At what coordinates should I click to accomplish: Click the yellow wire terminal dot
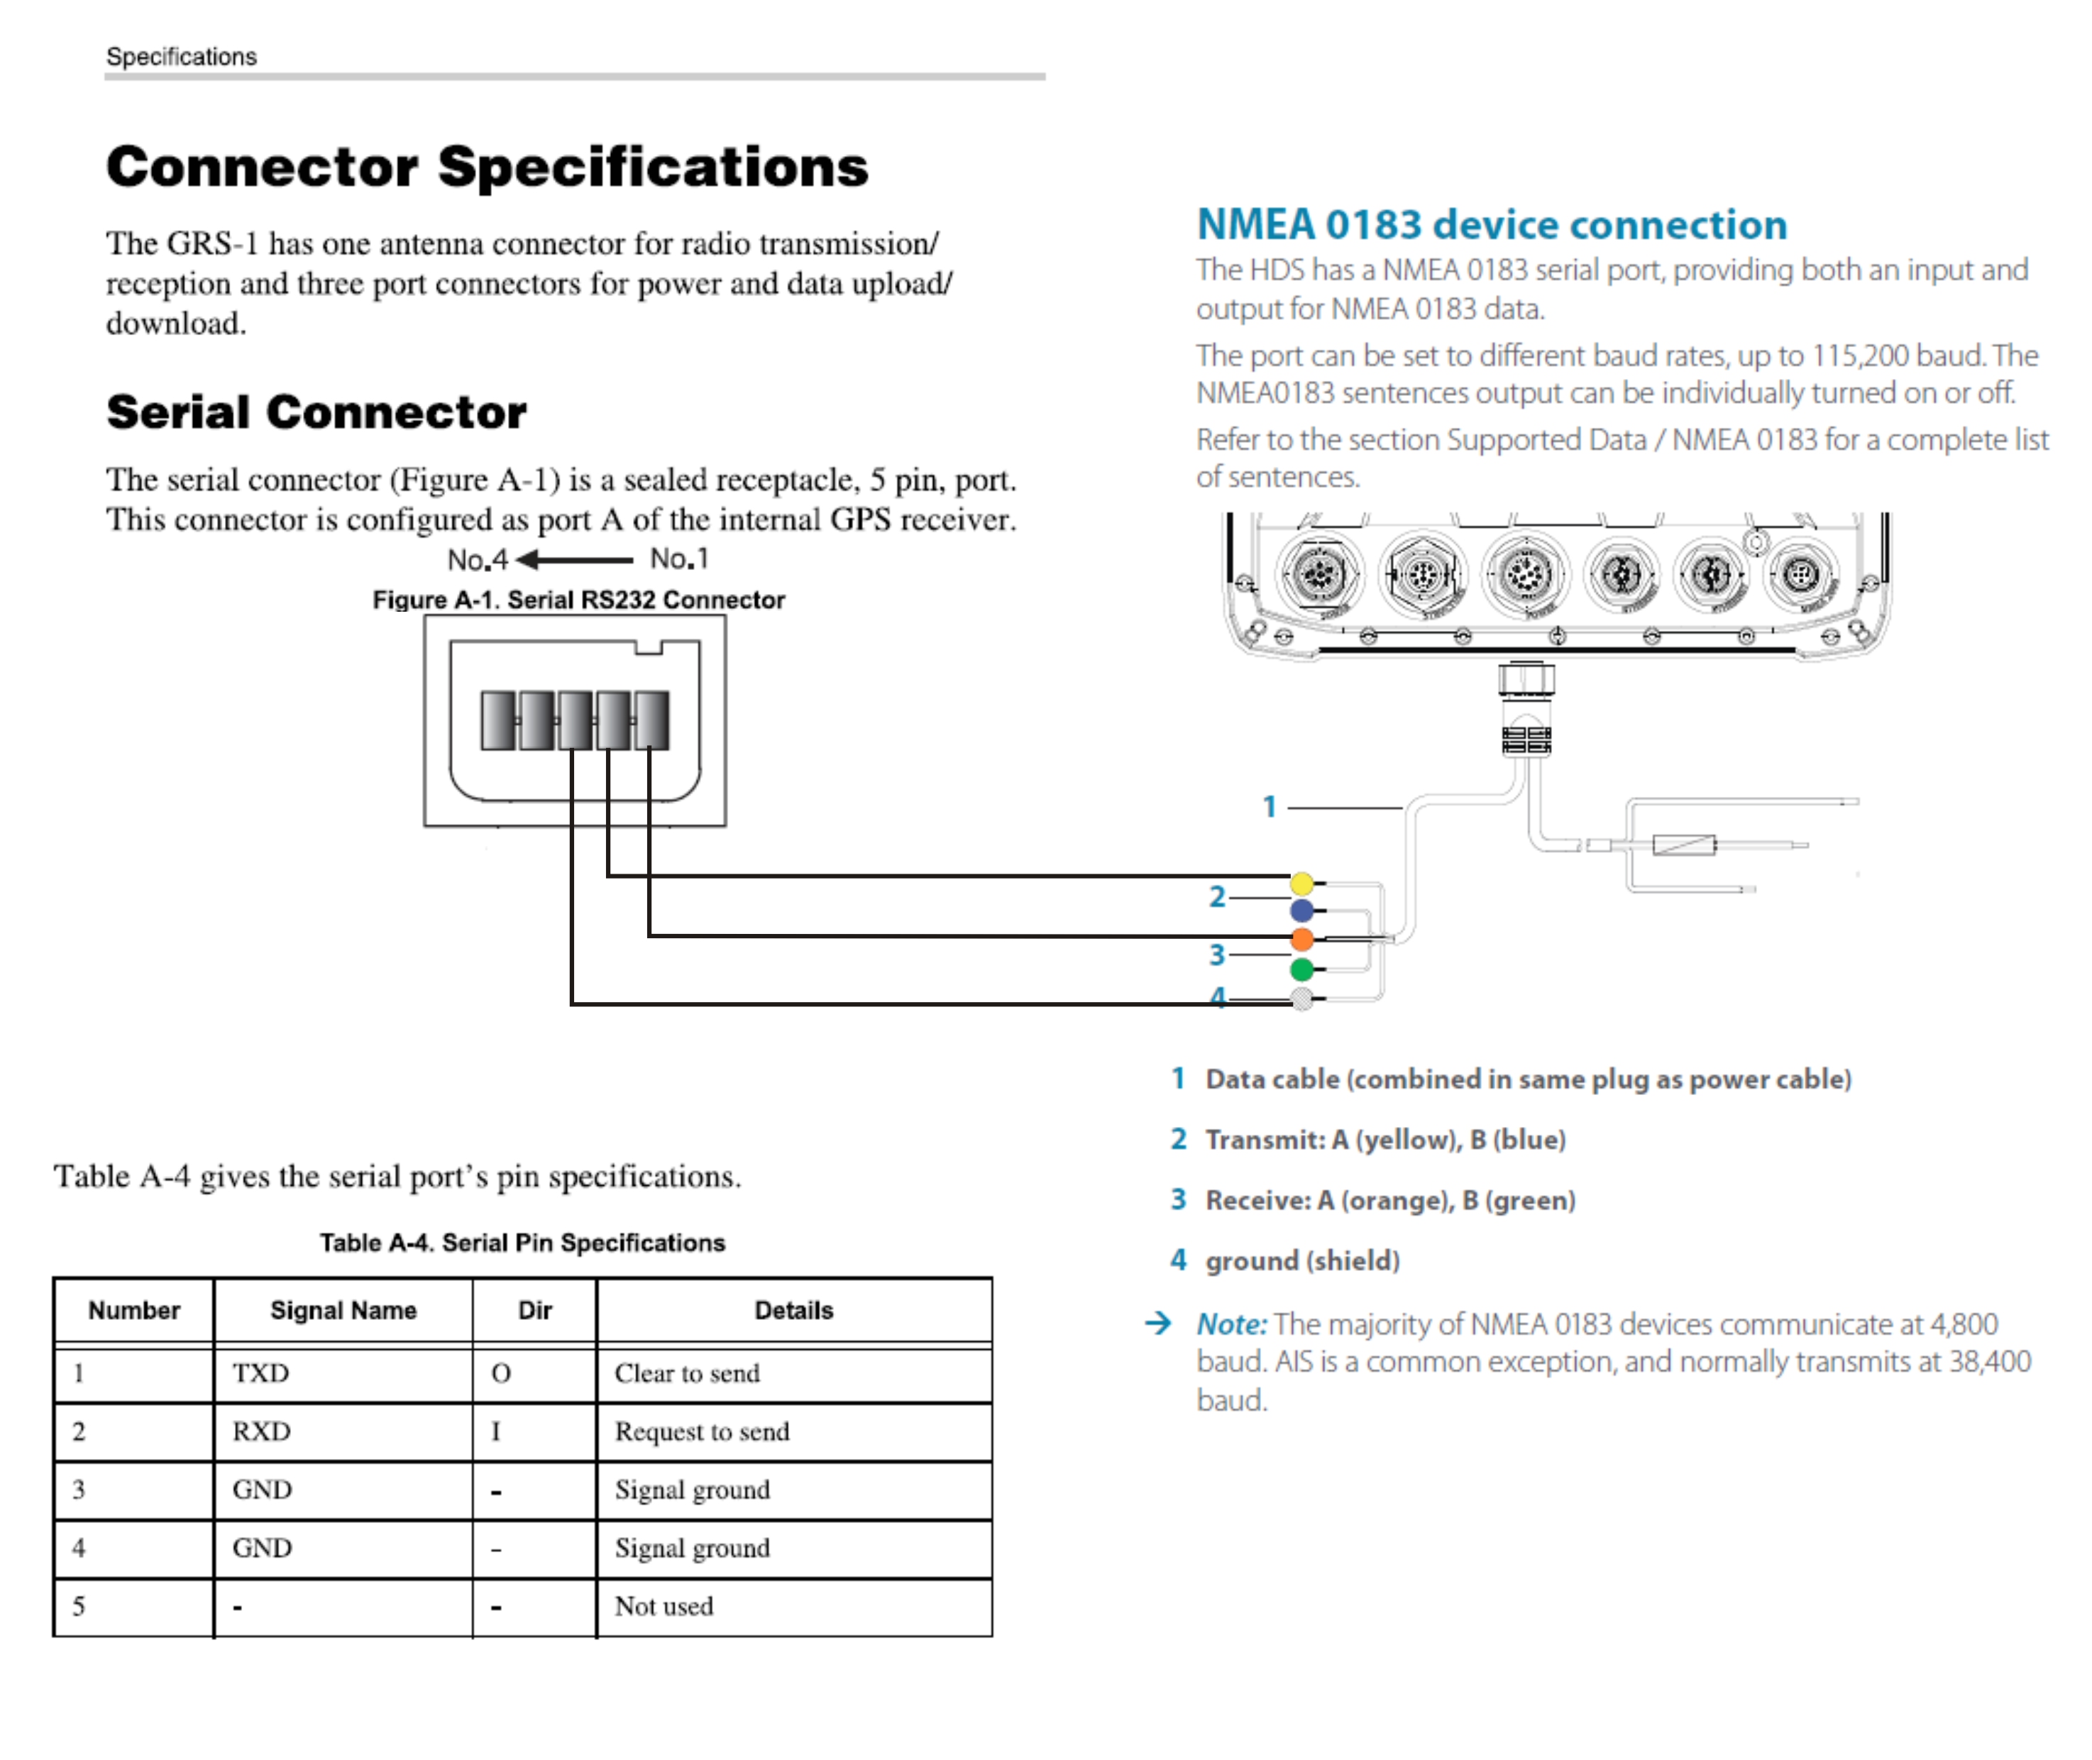[x=1301, y=883]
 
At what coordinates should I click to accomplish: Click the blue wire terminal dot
[x=1301, y=910]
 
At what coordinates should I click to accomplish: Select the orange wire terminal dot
[x=1301, y=939]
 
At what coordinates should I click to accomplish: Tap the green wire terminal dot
[x=1301, y=969]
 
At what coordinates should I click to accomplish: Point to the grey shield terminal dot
[x=1301, y=998]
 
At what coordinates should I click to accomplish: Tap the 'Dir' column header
[x=535, y=1310]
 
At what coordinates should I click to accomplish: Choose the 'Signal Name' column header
[x=343, y=1310]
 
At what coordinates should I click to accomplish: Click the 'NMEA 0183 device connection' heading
[x=1492, y=224]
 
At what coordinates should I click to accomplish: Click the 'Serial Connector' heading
[x=316, y=412]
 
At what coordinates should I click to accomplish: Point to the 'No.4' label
[x=477, y=560]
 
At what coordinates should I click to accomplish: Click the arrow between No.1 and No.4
[x=575, y=560]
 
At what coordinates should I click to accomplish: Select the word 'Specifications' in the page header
[x=182, y=57]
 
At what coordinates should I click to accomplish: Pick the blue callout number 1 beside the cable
[x=1269, y=806]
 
